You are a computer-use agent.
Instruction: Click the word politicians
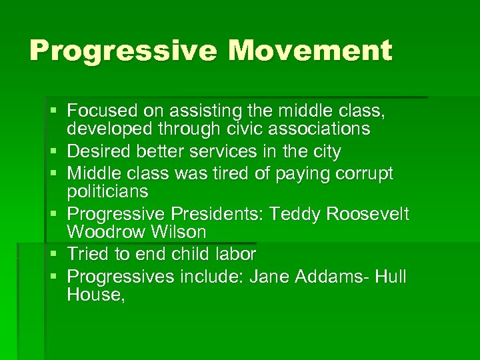[108, 191]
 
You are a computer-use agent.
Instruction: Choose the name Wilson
[177, 232]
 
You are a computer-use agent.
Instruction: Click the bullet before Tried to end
[59, 254]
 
